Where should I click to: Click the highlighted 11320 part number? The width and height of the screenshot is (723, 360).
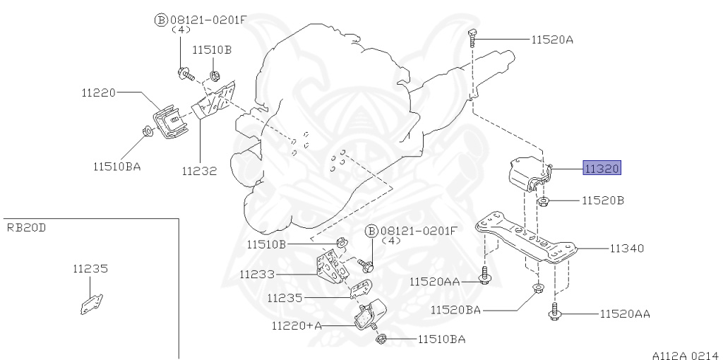601,169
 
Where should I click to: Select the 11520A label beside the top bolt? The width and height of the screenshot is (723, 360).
552,40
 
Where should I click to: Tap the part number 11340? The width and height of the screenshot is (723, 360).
627,248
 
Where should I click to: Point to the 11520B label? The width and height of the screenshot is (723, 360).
603,201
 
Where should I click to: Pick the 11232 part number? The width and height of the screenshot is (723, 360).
198,170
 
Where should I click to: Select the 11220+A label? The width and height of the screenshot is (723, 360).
296,326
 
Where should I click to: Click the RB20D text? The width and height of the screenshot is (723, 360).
28,227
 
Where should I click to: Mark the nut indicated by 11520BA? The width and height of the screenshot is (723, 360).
537,287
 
